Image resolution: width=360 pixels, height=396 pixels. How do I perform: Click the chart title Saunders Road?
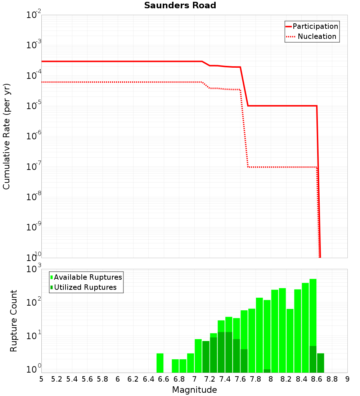pos(180,6)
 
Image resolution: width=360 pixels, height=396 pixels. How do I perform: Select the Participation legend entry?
pos(312,27)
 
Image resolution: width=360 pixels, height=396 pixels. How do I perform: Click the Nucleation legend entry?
pos(312,37)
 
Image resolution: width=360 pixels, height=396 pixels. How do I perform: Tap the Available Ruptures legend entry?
pos(86,278)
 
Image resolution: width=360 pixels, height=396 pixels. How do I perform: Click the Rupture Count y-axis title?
pos(14,320)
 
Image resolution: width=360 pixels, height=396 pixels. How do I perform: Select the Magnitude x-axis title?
pos(194,390)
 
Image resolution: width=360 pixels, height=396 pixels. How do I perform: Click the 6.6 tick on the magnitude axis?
pos(163,379)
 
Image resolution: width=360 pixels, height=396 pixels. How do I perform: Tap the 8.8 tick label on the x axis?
pos(332,379)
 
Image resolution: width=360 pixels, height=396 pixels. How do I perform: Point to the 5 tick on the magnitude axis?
pos(41,379)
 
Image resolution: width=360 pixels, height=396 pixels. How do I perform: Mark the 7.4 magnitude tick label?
pos(225,379)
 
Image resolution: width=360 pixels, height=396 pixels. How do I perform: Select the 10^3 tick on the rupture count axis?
pos(34,269)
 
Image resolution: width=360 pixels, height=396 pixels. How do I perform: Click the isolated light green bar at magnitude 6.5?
pos(160,363)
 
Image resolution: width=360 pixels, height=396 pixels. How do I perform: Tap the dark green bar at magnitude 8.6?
pos(313,359)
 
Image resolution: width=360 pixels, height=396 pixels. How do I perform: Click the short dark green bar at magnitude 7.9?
pos(267,371)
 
